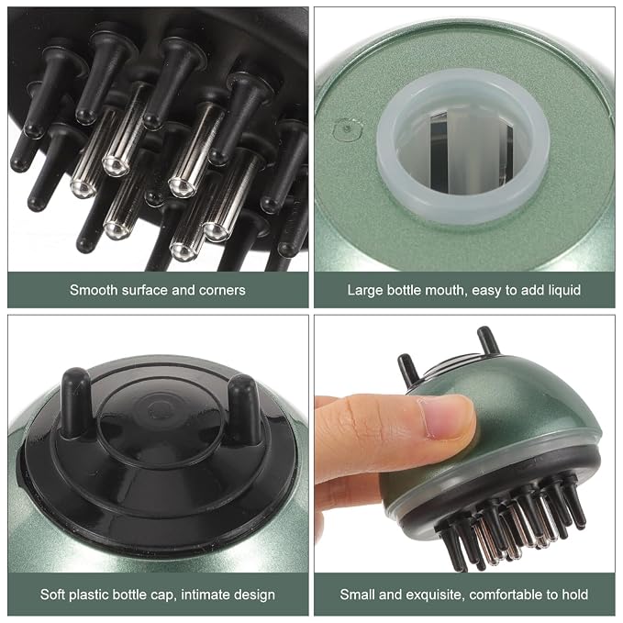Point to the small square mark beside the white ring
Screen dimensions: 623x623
[349, 128]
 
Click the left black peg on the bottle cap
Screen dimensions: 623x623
[75, 403]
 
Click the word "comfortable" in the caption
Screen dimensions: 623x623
[505, 595]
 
